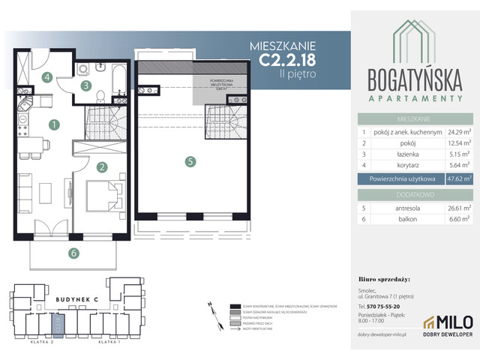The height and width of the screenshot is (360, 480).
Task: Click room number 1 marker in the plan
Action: coord(53,124)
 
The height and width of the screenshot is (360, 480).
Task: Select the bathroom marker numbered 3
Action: coord(86,86)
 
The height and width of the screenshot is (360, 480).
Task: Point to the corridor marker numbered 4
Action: coord(46,76)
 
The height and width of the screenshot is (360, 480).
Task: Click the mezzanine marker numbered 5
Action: coord(191,160)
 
